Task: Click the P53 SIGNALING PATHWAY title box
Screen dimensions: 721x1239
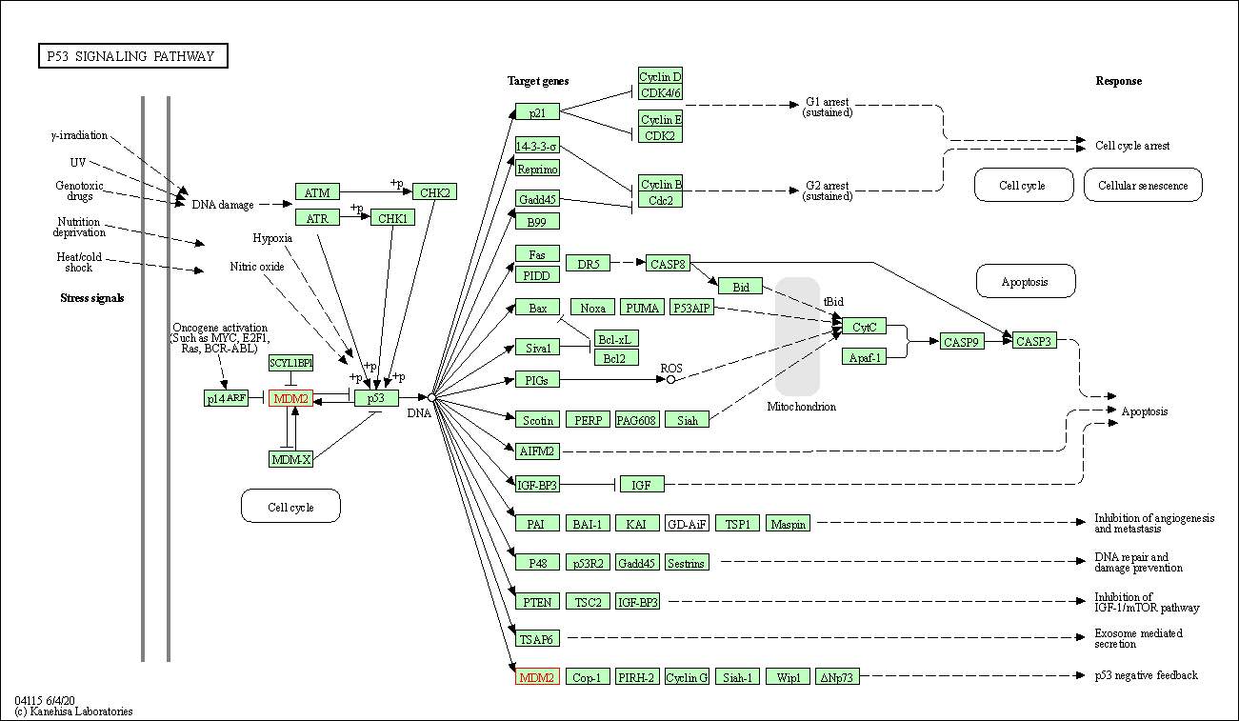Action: (x=132, y=56)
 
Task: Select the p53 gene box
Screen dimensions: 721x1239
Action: (x=375, y=398)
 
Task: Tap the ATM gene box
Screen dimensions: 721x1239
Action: (x=317, y=192)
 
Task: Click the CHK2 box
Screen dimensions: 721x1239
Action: (x=434, y=192)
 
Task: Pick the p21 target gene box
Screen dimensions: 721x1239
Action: (x=537, y=111)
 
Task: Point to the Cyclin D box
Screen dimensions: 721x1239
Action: (x=660, y=77)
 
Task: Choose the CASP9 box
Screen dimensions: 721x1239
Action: (x=962, y=341)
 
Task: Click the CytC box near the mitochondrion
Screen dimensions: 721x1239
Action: (x=864, y=327)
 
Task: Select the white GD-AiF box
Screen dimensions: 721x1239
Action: (x=686, y=523)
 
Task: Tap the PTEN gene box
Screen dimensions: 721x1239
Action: (x=537, y=601)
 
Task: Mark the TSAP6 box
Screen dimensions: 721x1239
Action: (x=537, y=638)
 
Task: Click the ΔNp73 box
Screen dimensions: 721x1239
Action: (x=838, y=677)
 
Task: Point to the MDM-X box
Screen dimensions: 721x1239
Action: (x=290, y=459)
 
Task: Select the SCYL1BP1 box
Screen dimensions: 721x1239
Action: (x=290, y=363)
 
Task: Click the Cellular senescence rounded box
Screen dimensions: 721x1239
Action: (x=1143, y=186)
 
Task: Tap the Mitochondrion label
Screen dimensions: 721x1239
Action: (x=802, y=407)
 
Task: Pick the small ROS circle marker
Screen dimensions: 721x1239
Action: (x=670, y=379)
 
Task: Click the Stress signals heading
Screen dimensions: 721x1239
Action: (x=92, y=298)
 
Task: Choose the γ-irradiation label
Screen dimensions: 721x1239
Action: (x=79, y=135)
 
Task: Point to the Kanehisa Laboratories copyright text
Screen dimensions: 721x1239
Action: (x=73, y=711)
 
